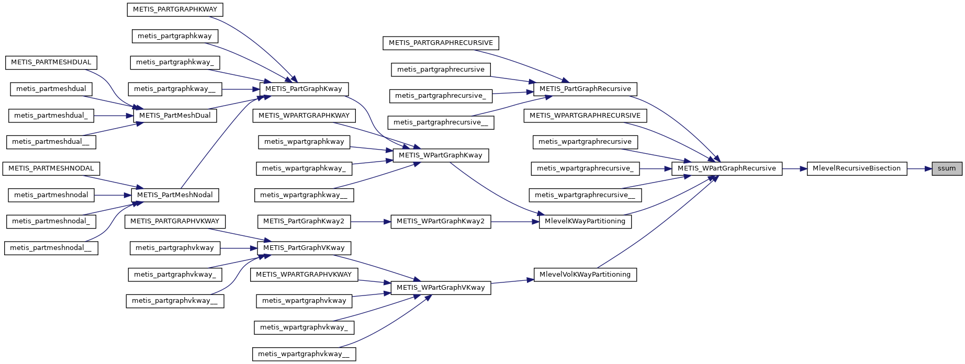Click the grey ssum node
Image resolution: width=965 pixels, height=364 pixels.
click(x=947, y=168)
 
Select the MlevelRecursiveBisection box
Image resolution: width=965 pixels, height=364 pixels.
click(x=857, y=168)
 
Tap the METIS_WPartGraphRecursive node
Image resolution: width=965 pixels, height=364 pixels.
click(x=726, y=168)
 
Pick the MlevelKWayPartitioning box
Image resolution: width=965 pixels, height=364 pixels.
click(x=585, y=221)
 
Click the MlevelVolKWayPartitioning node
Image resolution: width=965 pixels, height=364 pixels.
click(x=585, y=275)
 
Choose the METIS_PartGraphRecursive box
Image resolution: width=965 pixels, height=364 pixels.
click(x=585, y=89)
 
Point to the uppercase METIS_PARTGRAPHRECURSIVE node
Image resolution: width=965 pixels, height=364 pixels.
click(x=441, y=43)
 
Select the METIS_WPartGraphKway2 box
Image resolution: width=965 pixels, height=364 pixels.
click(x=440, y=221)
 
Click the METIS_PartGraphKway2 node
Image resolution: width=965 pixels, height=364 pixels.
click(x=304, y=221)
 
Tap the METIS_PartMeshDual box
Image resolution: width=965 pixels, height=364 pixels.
click(x=175, y=116)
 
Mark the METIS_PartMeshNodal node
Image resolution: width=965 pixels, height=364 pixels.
click(x=175, y=195)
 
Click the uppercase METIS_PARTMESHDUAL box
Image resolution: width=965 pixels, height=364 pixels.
click(x=51, y=62)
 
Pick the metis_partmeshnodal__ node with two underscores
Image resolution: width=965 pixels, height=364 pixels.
click(x=51, y=248)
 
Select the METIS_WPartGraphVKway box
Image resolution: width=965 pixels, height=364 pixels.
click(x=441, y=288)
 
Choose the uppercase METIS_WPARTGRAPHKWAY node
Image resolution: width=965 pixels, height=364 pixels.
click(x=304, y=116)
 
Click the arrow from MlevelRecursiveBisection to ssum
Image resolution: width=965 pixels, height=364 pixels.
click(x=919, y=168)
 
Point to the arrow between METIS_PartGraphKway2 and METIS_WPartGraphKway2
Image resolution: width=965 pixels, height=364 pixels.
click(x=371, y=221)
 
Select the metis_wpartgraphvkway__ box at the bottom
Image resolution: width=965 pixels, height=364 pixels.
click(x=304, y=354)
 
